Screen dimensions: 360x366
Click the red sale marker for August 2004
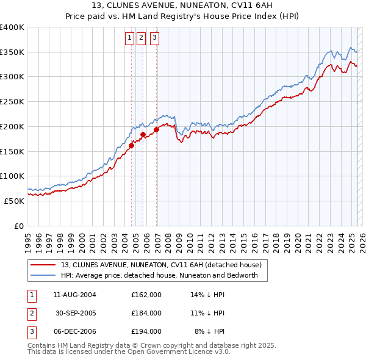pos(131,145)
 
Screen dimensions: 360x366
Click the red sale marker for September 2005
pos(143,134)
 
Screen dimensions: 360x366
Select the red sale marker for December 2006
pos(156,129)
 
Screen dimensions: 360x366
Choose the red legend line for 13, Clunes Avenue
pos(43,265)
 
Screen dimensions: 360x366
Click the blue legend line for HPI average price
pos(43,275)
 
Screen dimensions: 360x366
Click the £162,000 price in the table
pos(146,294)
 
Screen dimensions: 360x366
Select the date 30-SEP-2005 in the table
pos(76,312)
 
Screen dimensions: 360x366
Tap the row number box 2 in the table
pos(31,312)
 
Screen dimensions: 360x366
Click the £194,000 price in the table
pos(146,331)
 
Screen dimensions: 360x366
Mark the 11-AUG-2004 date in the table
pos(75,294)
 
